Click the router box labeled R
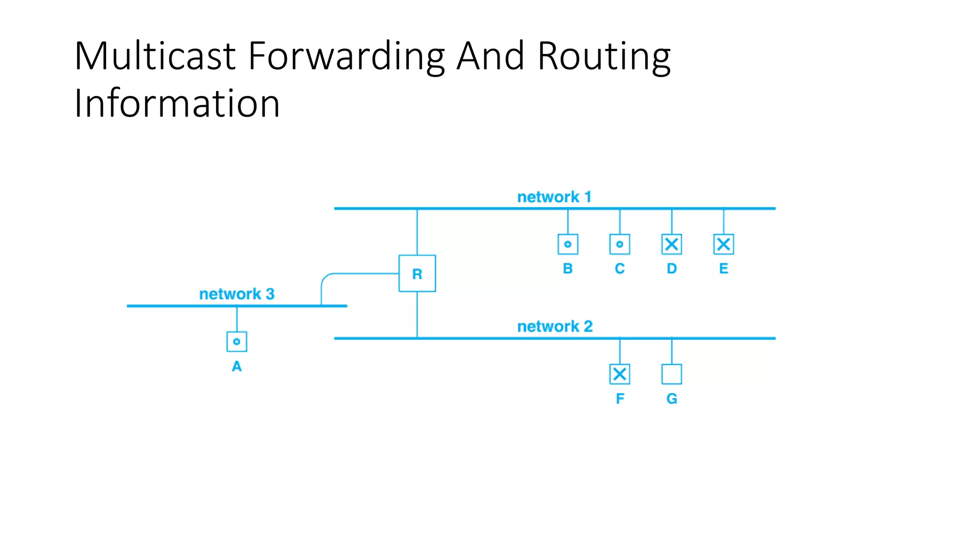(417, 273)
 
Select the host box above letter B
(567, 244)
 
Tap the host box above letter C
(619, 244)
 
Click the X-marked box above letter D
(671, 244)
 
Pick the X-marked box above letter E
(723, 244)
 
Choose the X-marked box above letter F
(619, 374)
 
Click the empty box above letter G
(671, 374)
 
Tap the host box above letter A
(237, 342)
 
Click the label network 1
(554, 197)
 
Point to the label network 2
(555, 326)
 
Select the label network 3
(237, 294)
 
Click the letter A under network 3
(237, 366)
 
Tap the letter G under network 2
(672, 399)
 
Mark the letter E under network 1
(723, 269)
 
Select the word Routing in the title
(604, 57)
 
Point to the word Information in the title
(177, 103)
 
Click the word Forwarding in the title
(346, 57)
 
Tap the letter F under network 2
(620, 399)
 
